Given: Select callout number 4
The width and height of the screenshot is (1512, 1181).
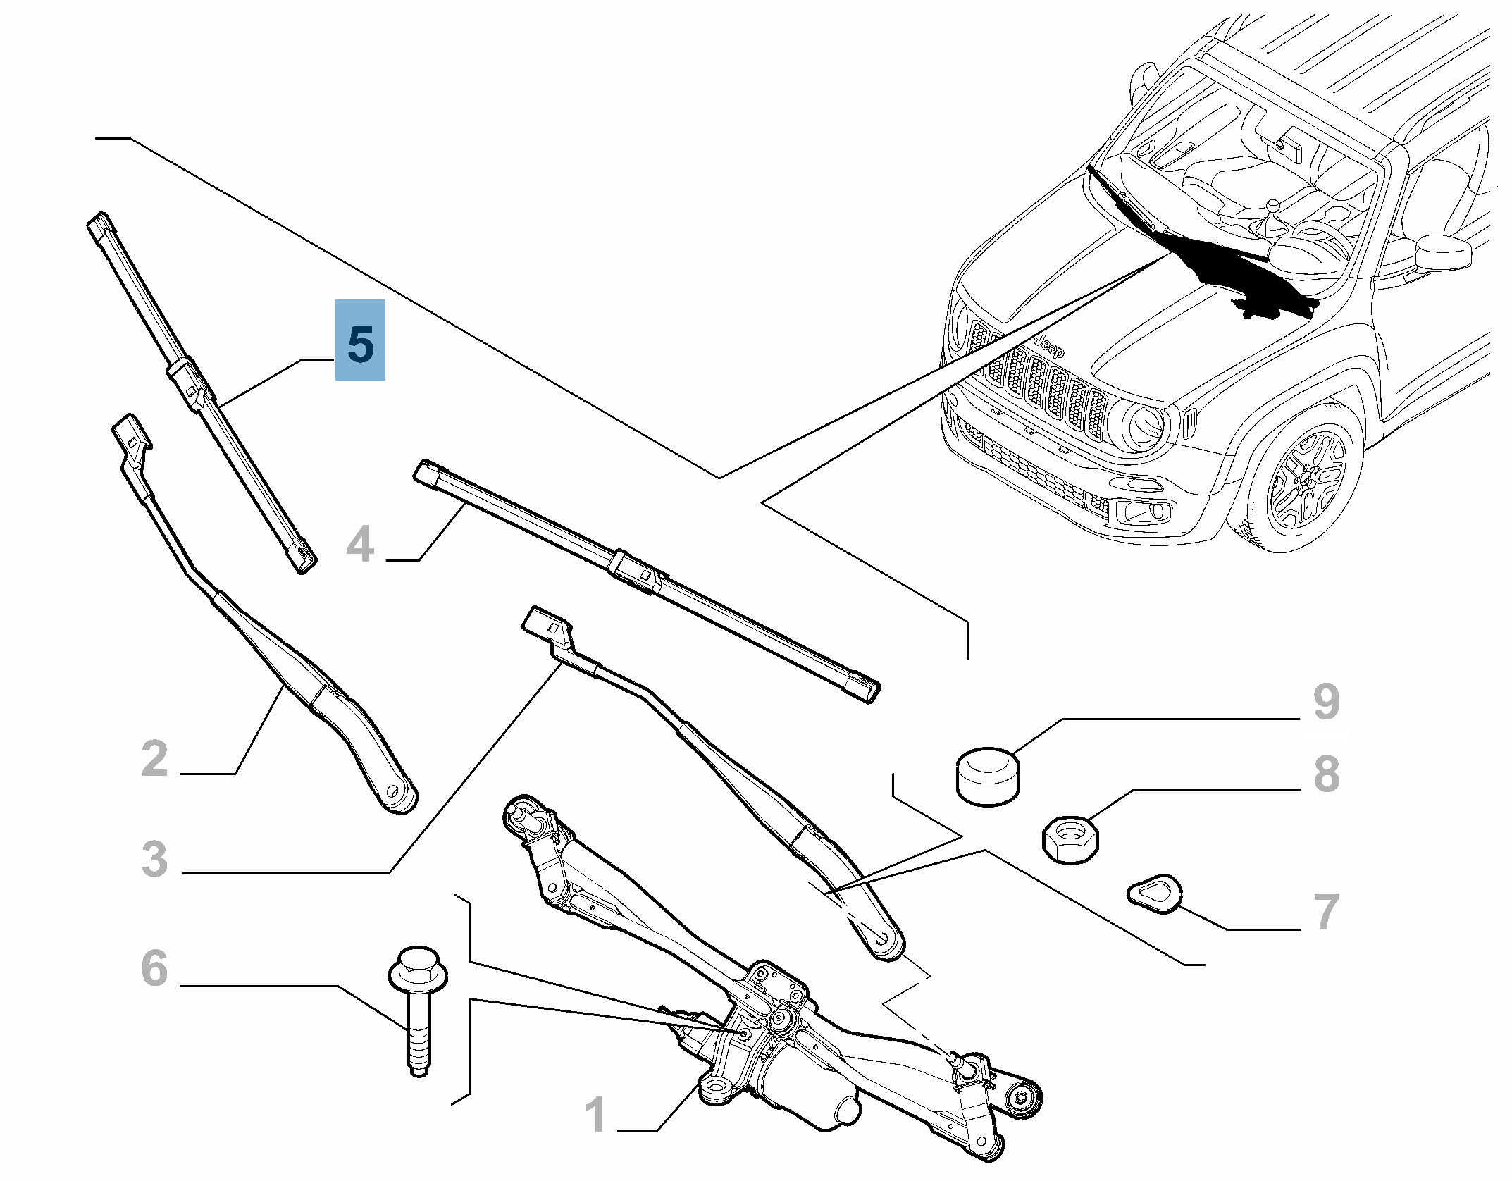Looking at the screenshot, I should point(360,544).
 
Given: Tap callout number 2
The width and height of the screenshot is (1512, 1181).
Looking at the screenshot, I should point(155,759).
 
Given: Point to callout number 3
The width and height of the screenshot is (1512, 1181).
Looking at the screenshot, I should point(155,859).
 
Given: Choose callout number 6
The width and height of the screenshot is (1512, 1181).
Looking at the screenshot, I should point(155,968).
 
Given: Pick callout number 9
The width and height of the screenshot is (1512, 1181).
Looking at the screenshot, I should point(1326,702).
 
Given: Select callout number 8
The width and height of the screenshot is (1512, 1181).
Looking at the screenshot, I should point(1326,773).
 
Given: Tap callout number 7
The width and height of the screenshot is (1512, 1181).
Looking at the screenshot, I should point(1326,911).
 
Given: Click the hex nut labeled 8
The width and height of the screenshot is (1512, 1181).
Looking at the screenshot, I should point(1070,839).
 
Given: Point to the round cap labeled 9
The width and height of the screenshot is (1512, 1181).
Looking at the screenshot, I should point(988,777).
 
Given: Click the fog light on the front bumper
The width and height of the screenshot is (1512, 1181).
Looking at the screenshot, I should point(1144,511).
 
